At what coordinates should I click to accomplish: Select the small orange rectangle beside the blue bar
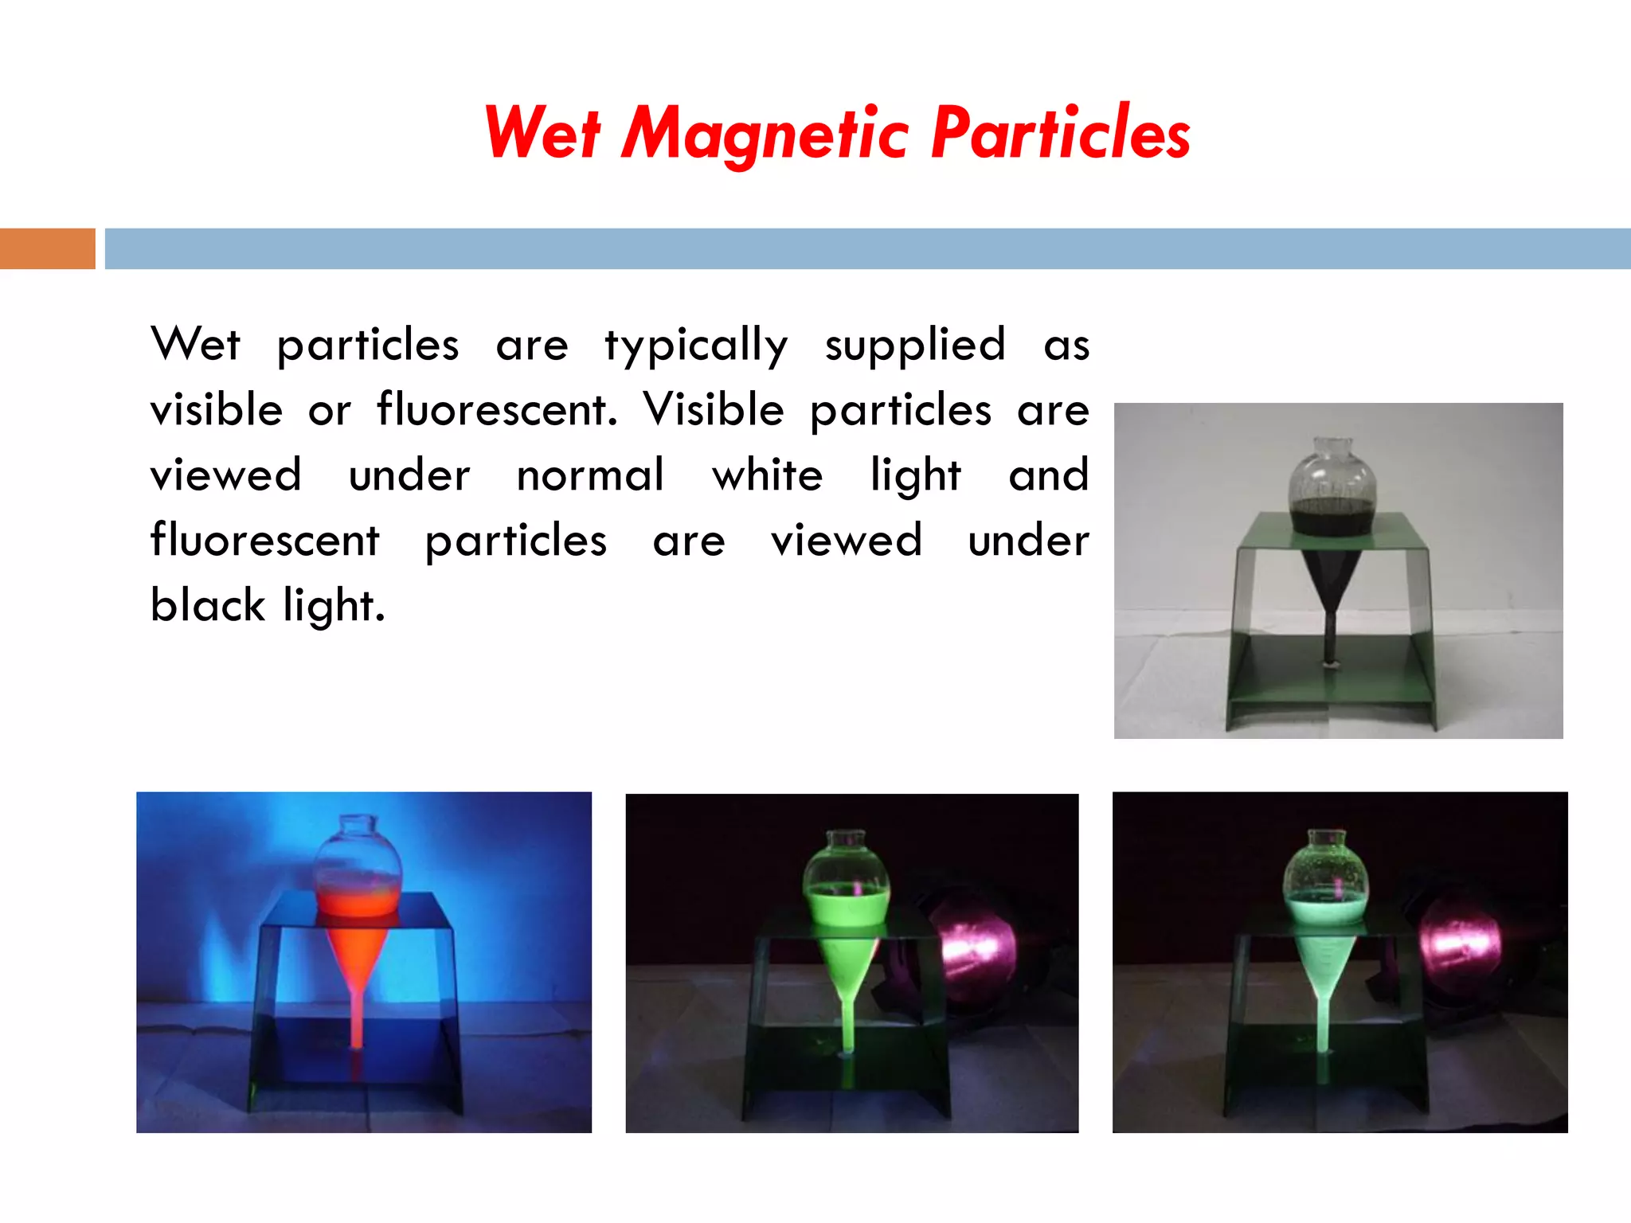[x=47, y=248]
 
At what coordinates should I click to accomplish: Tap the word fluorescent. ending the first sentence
[x=497, y=411]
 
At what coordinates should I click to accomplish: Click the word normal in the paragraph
[x=590, y=476]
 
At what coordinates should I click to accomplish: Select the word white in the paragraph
[x=767, y=476]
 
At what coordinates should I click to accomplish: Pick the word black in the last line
[x=207, y=606]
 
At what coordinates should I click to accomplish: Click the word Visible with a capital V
[x=714, y=411]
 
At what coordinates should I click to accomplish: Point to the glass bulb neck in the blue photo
[x=358, y=828]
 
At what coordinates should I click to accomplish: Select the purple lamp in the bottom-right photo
[x=1459, y=941]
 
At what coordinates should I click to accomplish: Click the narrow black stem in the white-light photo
[x=1328, y=633]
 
